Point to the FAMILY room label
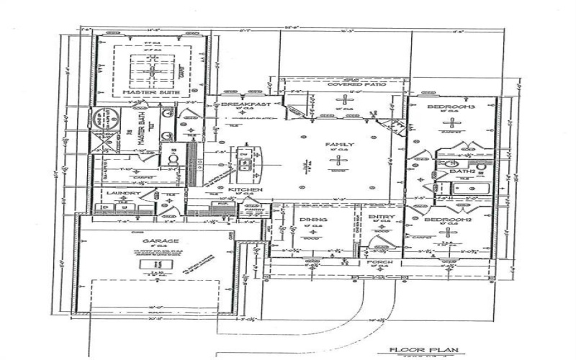tap(340, 145)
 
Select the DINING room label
tap(314, 220)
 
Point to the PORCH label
tap(379, 264)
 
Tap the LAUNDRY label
tap(122, 193)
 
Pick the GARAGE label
tap(155, 242)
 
